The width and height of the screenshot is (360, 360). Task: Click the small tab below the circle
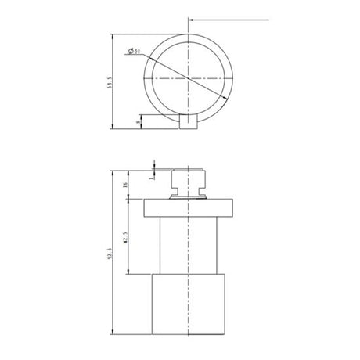pyautogui.click(x=187, y=121)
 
